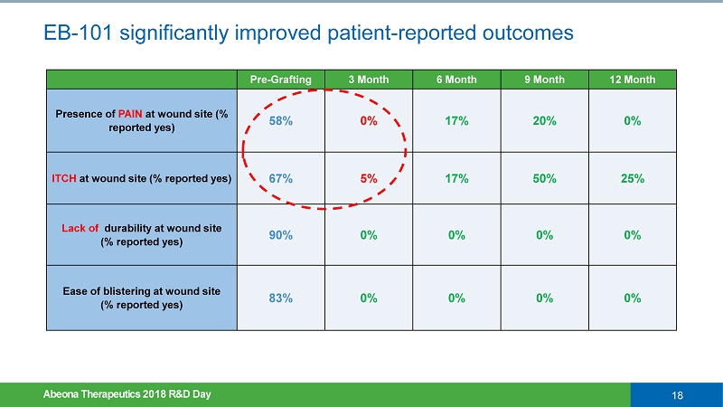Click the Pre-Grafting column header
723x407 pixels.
coord(280,80)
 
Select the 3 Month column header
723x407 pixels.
coord(368,80)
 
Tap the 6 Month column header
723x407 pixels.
coord(455,80)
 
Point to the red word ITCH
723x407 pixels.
coord(64,178)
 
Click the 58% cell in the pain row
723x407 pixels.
coord(280,121)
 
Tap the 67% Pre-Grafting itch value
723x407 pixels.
coord(280,178)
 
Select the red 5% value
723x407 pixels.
coord(368,178)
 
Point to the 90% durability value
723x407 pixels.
coord(280,235)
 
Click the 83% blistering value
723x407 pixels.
coord(280,298)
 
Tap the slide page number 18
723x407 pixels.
coord(677,394)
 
